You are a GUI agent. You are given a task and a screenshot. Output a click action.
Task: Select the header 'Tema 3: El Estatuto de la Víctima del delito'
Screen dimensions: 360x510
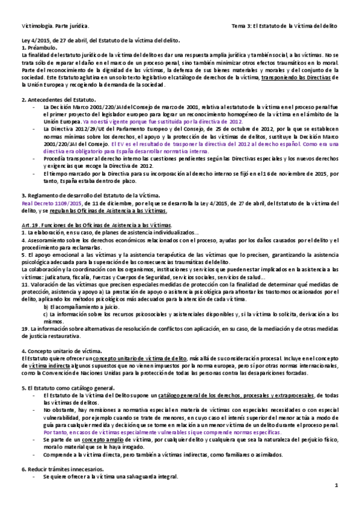pyautogui.click(x=284, y=27)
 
